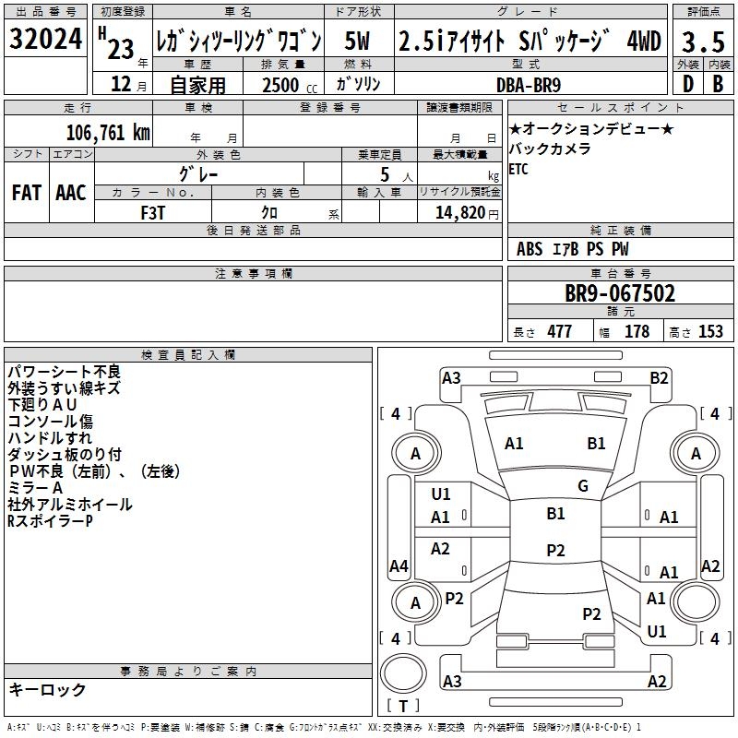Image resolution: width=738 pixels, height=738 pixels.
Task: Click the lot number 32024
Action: [x=45, y=41]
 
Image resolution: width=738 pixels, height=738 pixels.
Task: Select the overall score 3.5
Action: [x=702, y=42]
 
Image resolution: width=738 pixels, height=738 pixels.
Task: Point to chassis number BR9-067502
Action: [x=620, y=293]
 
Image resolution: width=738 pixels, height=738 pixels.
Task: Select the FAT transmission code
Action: [x=26, y=193]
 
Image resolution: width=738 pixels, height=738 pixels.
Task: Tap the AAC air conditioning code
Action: [x=71, y=193]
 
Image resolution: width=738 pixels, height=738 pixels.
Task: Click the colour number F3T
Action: [x=153, y=211]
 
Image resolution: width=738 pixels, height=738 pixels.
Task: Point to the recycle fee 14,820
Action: [x=457, y=212]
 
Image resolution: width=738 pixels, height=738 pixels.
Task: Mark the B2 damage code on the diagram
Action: [x=659, y=377]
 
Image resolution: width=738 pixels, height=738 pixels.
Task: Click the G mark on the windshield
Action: [x=583, y=486]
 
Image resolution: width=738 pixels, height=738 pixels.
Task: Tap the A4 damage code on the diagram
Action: [x=399, y=565]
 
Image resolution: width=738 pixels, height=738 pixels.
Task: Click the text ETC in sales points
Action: [x=519, y=169]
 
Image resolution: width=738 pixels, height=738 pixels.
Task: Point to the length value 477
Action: [x=559, y=332]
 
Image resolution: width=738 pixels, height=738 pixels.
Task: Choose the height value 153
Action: [x=710, y=332]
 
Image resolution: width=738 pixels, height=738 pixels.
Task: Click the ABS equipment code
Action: [x=530, y=249]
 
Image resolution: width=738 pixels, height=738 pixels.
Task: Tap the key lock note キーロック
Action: [x=47, y=689]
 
